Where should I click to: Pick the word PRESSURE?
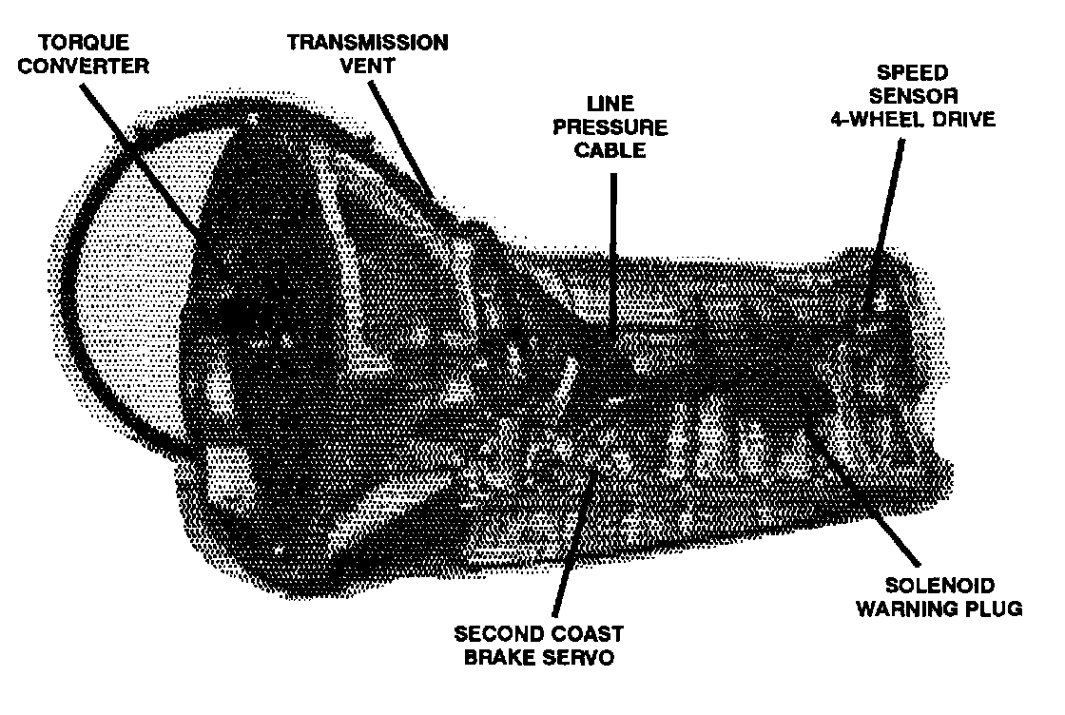pos(612,127)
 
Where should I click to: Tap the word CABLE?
pos(612,150)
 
